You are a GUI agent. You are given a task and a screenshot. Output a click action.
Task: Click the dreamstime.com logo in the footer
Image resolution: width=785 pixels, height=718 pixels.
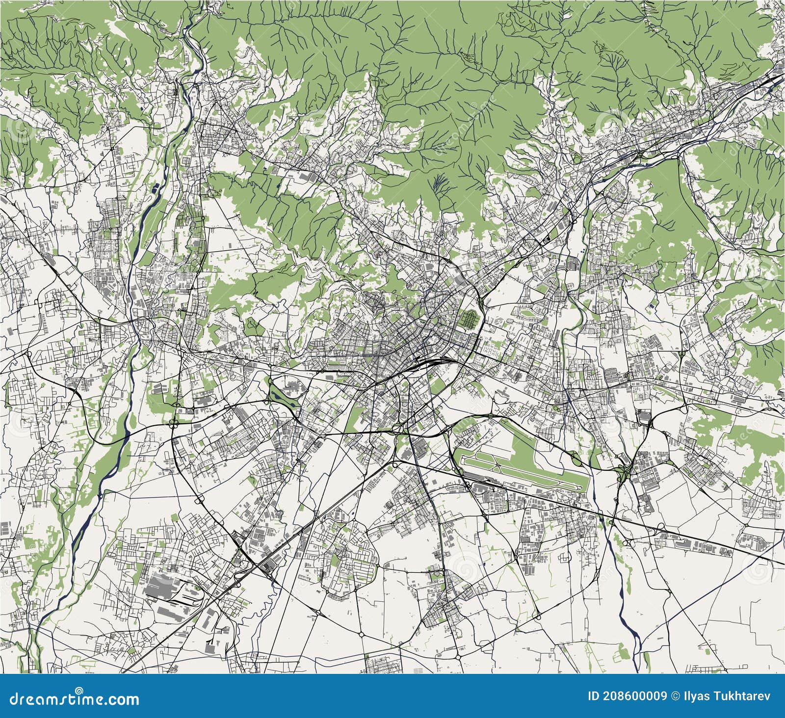[x=71, y=698]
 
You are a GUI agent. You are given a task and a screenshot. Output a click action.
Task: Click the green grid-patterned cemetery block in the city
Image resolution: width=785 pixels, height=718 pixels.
[x=470, y=320]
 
